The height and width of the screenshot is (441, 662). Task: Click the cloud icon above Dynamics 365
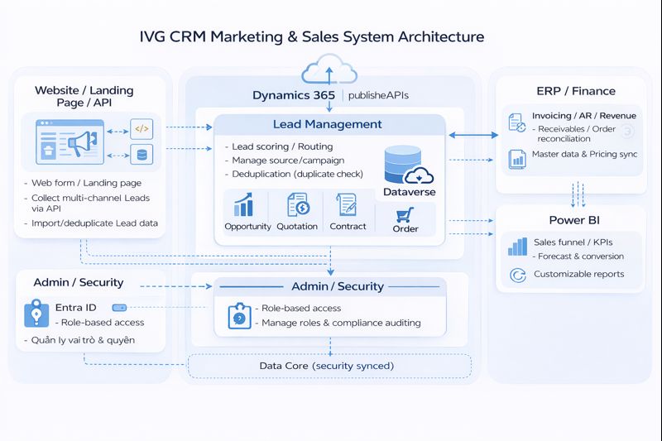click(329, 69)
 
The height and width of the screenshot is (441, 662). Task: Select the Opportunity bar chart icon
click(245, 205)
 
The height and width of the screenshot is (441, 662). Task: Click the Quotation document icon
click(297, 204)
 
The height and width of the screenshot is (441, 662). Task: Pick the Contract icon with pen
click(346, 204)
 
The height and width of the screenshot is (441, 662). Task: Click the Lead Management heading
click(328, 124)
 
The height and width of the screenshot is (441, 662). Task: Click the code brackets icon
click(142, 129)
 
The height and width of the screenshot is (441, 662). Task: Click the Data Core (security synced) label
click(326, 365)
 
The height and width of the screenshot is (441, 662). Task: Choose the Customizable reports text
click(579, 274)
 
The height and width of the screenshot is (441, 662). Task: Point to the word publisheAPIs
click(378, 95)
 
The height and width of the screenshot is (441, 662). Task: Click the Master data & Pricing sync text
click(584, 154)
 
